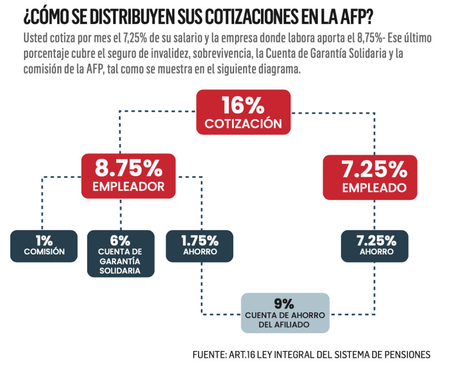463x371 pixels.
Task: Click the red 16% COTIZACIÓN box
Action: tap(243, 112)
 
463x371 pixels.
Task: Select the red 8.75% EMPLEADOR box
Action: tap(128, 176)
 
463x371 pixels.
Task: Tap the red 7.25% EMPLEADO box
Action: tap(369, 177)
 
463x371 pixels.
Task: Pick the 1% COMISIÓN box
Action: tap(44, 246)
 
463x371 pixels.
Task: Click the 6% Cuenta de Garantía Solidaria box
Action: tap(120, 253)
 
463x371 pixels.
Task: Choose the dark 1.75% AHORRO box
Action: tap(199, 246)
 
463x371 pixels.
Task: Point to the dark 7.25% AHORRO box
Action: tap(374, 246)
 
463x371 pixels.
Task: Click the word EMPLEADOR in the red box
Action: tap(128, 187)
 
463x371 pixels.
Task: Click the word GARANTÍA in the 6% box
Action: tap(120, 262)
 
